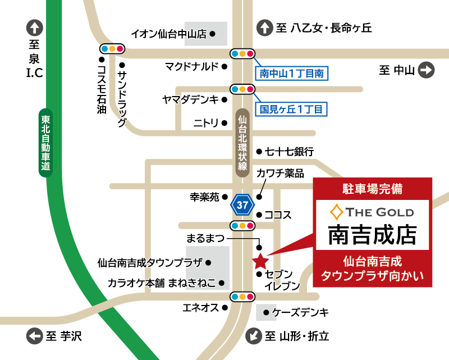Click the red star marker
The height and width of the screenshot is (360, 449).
tap(260, 261)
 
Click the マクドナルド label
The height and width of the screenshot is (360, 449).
tap(191, 67)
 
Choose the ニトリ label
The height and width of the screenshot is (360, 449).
tap(206, 123)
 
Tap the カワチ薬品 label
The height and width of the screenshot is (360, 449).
tap(280, 174)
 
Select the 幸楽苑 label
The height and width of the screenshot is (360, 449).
tap(203, 197)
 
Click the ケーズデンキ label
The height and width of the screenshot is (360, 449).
tap(300, 312)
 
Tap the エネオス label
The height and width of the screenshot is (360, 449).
tap(200, 307)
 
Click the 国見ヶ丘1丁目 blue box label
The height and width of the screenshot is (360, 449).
tap(291, 109)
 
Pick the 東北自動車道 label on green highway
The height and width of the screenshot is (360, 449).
tap(46, 143)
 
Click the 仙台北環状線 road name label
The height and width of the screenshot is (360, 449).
tap(242, 143)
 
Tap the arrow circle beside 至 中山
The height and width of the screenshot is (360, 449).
tap(427, 70)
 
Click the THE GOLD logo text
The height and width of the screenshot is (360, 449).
tap(373, 212)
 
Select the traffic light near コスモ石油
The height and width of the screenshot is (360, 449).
tap(112, 48)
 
